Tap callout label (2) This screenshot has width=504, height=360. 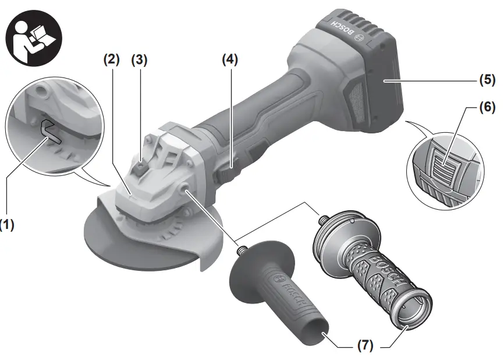[111, 59]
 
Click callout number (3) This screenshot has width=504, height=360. [139, 59]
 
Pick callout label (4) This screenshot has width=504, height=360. [230, 59]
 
